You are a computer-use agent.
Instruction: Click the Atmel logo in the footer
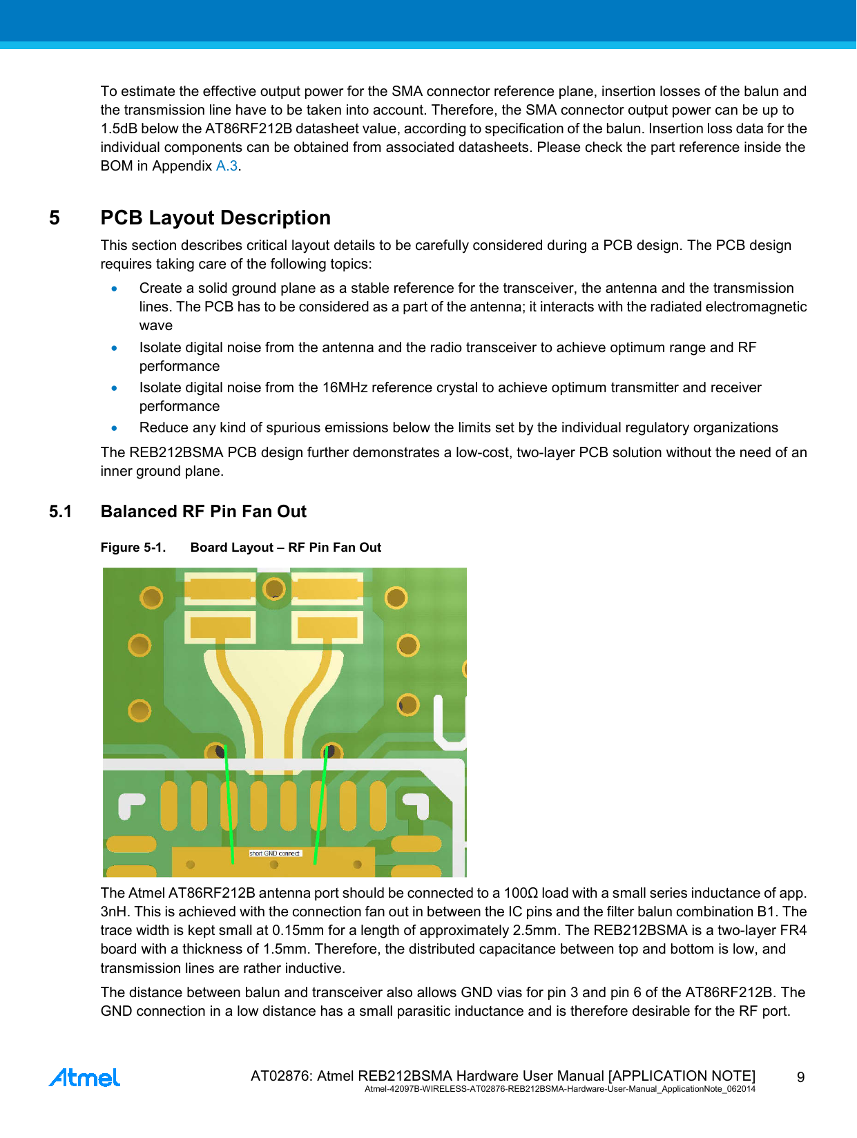pyautogui.click(x=84, y=1077)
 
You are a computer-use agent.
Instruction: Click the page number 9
pyautogui.click(x=800, y=1077)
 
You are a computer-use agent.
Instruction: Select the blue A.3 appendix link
pyautogui.click(x=227, y=166)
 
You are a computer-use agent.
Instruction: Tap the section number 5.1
pyautogui.click(x=61, y=512)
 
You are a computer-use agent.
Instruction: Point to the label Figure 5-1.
pyautogui.click(x=133, y=548)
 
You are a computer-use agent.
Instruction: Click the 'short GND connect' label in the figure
pyautogui.click(x=275, y=853)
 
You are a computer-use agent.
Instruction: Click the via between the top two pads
pyautogui.click(x=275, y=589)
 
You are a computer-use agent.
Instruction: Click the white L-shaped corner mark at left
pyautogui.click(x=131, y=804)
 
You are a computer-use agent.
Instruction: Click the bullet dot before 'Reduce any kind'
pyautogui.click(x=115, y=428)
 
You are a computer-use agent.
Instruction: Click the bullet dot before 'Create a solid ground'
pyautogui.click(x=115, y=289)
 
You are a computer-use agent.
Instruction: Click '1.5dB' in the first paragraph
pyautogui.click(x=119, y=129)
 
